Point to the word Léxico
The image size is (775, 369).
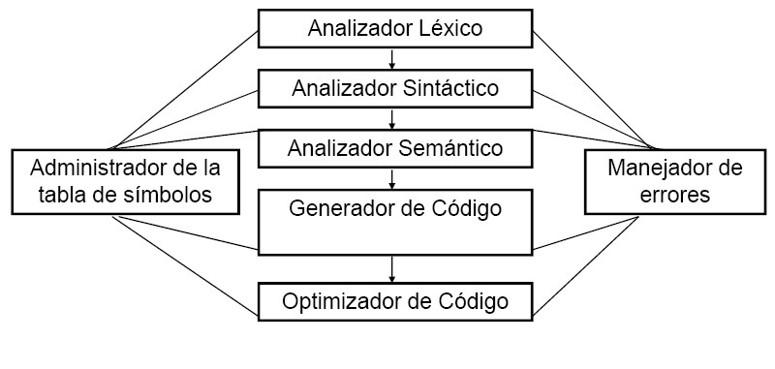click(x=449, y=28)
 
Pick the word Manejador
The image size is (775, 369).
click(x=662, y=167)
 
